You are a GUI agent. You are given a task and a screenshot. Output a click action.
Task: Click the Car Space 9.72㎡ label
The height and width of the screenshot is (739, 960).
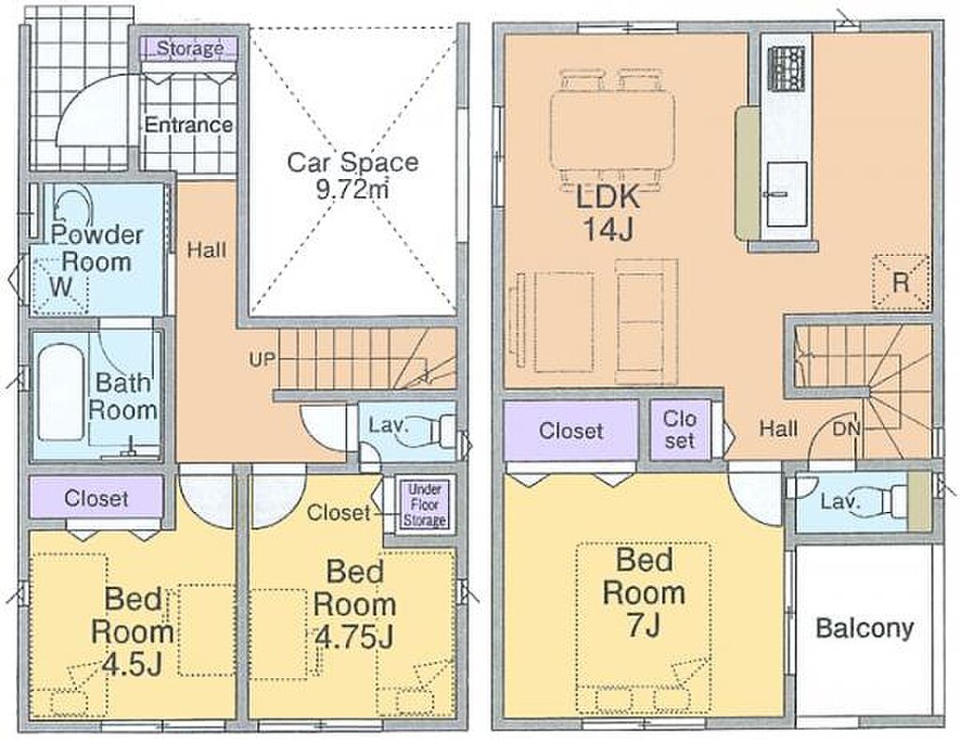(352, 175)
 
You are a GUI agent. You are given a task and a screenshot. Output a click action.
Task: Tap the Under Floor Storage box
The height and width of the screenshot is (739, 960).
(425, 505)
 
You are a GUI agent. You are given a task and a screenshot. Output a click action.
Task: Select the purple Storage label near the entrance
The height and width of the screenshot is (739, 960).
(189, 48)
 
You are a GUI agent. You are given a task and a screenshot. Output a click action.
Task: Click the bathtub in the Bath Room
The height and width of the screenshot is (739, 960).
(61, 391)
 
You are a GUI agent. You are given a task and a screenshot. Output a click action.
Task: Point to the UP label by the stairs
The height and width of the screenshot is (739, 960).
(262, 359)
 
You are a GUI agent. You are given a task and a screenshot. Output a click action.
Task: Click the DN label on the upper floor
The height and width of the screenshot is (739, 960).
(847, 430)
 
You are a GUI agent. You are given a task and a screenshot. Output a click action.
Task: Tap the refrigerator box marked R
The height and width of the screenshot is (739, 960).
(901, 282)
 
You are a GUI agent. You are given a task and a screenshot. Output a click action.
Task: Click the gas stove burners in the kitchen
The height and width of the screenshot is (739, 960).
(787, 68)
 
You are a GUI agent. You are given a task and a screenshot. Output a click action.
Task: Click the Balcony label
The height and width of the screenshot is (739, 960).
(864, 628)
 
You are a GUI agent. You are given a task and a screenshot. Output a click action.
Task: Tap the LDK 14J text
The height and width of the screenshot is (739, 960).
(607, 212)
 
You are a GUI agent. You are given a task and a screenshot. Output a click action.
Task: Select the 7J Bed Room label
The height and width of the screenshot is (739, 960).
(643, 593)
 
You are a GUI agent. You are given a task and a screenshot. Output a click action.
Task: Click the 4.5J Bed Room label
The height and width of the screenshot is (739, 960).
(132, 631)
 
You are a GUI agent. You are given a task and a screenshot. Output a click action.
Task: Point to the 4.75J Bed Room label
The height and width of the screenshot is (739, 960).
(354, 604)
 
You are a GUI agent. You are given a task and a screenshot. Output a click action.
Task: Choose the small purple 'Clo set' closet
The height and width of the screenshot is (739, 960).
(681, 430)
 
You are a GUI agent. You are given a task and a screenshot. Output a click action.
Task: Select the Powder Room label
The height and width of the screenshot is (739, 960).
(97, 248)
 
